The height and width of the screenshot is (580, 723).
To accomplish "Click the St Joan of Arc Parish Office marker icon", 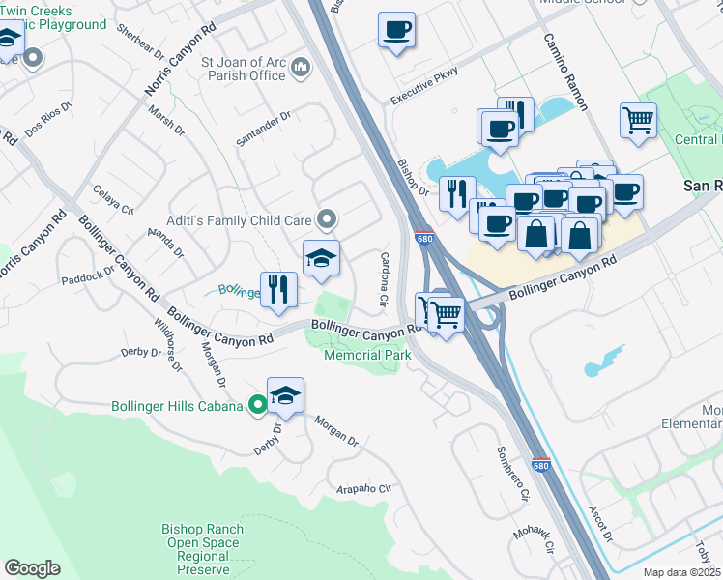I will pos(301,68).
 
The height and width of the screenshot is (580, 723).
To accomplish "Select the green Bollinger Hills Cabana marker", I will pos(257,406).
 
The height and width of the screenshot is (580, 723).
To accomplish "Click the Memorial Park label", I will pos(367,355).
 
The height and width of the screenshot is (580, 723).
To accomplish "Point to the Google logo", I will pos(32,568).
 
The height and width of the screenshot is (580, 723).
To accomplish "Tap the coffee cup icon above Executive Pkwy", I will pos(396,30).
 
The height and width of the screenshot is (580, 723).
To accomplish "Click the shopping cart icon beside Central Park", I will pos(638,121).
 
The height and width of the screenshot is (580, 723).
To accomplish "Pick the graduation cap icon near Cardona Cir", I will pos(322,258).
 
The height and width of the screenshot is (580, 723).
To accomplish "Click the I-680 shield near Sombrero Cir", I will pos(540,465).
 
